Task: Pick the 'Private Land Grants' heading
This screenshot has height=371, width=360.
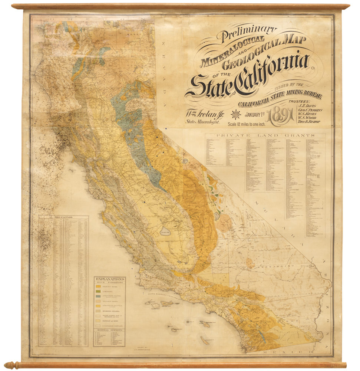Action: [x=265, y=135]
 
